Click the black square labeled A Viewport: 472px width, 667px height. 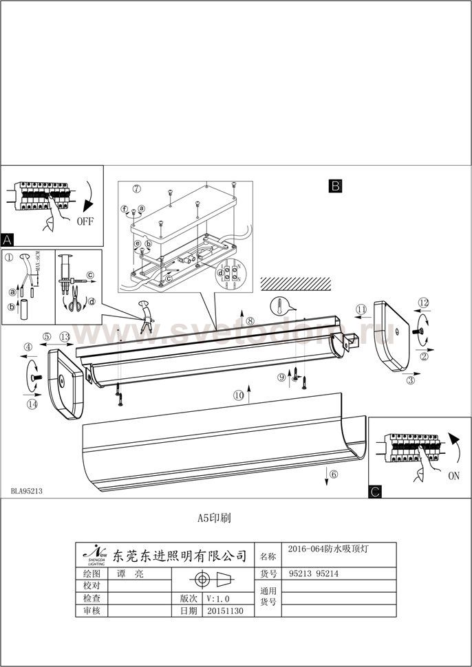click(x=8, y=240)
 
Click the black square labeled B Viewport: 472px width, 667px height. click(x=335, y=186)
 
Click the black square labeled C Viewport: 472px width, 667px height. click(x=375, y=491)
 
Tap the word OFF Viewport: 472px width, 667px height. click(x=85, y=221)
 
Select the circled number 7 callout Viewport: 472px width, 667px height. click(x=136, y=188)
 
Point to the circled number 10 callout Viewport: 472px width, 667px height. click(x=238, y=395)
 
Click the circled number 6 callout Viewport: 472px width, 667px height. click(x=334, y=474)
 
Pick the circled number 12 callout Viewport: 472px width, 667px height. click(x=424, y=303)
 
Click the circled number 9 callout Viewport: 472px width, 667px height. click(x=282, y=377)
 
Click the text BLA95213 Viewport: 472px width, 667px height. click(x=27, y=492)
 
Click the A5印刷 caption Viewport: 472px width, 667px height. click(x=214, y=518)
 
